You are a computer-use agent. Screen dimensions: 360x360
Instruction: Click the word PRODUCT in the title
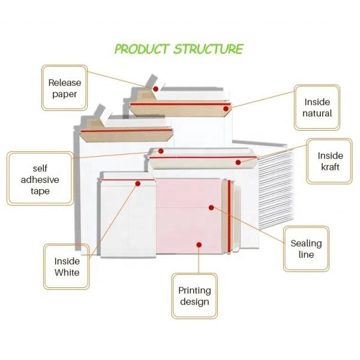point(142,49)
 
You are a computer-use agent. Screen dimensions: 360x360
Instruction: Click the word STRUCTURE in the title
point(208,49)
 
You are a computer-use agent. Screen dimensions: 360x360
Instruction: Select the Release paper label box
point(64,88)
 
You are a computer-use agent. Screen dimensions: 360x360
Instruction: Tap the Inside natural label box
point(317,108)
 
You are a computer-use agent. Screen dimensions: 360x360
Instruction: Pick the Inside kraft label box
point(330,161)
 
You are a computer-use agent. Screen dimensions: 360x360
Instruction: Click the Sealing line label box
point(306,249)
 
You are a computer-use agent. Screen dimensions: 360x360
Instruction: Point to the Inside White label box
point(67,266)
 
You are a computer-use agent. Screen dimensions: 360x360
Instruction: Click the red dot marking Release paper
point(155,89)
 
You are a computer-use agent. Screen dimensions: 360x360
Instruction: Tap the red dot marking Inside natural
point(226,109)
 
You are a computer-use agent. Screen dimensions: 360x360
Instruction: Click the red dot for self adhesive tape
point(161,151)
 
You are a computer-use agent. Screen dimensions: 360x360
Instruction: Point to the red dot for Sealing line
point(211,207)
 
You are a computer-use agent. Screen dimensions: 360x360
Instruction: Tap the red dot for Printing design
point(199,244)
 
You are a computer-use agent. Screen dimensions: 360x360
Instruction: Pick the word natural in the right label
point(317,113)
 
